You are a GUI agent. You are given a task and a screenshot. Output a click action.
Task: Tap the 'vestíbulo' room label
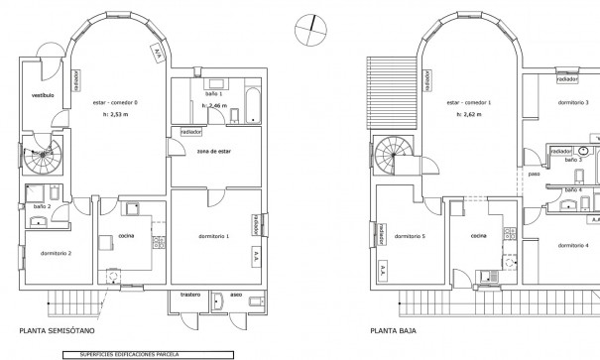(x=43, y=95)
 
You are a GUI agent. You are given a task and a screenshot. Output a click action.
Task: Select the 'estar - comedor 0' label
(x=115, y=102)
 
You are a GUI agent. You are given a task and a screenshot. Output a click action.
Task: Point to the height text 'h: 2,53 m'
(x=115, y=115)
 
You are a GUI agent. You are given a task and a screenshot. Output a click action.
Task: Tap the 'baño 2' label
(x=42, y=206)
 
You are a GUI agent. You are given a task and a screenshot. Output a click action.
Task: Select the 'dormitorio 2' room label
(x=56, y=254)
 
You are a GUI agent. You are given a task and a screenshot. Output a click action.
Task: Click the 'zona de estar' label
(x=214, y=152)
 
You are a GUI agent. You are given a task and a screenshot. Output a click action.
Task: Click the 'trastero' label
(x=191, y=295)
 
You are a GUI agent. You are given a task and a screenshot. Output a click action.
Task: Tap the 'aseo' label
(x=235, y=295)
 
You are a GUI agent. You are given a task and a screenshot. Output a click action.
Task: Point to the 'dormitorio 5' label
(x=410, y=237)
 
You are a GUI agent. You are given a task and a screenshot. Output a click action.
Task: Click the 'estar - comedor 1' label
(x=469, y=102)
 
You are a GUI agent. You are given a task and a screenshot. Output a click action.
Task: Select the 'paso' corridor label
(x=534, y=173)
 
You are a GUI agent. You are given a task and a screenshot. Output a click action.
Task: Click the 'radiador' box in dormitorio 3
(x=567, y=79)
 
